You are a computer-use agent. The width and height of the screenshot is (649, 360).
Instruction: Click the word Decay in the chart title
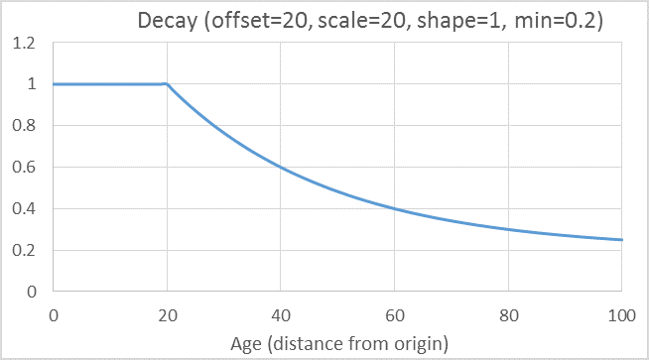click(x=168, y=21)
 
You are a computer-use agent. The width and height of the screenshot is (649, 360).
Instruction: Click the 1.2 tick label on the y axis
click(x=24, y=43)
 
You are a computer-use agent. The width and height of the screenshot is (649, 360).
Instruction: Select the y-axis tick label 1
click(x=32, y=84)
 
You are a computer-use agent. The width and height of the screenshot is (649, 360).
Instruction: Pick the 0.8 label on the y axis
click(x=24, y=125)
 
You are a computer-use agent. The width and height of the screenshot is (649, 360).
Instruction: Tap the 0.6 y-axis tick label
click(x=24, y=168)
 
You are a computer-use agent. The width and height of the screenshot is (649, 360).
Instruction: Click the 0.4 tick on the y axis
click(x=24, y=208)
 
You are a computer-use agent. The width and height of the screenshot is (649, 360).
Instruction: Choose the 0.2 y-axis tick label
click(x=24, y=250)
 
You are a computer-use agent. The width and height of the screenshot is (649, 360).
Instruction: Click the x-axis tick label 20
click(x=168, y=316)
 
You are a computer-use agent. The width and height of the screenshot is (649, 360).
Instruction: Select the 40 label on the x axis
click(x=281, y=316)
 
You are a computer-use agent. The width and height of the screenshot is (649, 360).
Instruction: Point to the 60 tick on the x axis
click(x=394, y=316)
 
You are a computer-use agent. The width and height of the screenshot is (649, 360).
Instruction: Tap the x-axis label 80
click(x=509, y=316)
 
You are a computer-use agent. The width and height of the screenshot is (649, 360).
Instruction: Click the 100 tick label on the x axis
click(x=621, y=316)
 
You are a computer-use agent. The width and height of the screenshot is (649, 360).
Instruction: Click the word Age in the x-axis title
click(x=246, y=344)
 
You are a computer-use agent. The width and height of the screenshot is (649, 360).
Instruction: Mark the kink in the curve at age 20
click(x=168, y=84)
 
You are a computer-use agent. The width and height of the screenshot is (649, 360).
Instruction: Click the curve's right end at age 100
click(x=621, y=240)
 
